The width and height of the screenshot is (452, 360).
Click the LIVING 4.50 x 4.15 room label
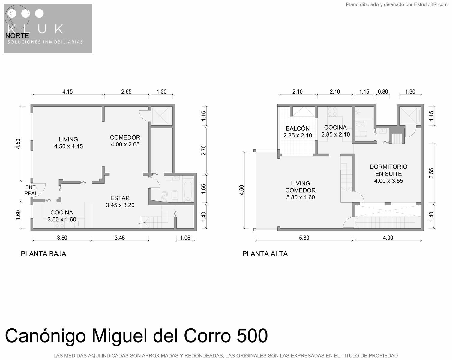tap(68, 143)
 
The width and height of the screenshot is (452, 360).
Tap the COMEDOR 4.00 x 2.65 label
tap(125, 141)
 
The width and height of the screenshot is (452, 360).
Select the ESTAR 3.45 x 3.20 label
tap(120, 202)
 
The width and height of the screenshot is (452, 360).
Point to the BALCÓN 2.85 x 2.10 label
tap(298, 132)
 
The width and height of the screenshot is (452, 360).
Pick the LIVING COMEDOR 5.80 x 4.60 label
tap(300, 190)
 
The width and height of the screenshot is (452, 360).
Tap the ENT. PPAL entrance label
tap(31, 190)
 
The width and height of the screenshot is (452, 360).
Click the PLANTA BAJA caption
tap(43, 254)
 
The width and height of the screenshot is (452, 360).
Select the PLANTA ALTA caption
tap(265, 254)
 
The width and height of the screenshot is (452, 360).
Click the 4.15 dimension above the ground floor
tap(67, 91)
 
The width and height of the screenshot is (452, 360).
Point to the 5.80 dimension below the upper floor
tap(304, 238)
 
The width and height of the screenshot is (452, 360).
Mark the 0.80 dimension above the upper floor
tap(383, 91)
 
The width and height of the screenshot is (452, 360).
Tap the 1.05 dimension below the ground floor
tap(185, 238)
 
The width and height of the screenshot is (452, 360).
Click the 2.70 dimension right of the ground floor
tap(204, 150)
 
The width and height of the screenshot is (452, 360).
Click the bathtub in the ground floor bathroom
tap(188, 190)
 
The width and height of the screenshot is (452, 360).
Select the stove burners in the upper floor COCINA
tap(332, 112)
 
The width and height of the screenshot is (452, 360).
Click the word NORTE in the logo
tap(17, 36)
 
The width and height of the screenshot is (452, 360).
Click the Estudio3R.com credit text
tap(431, 4)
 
